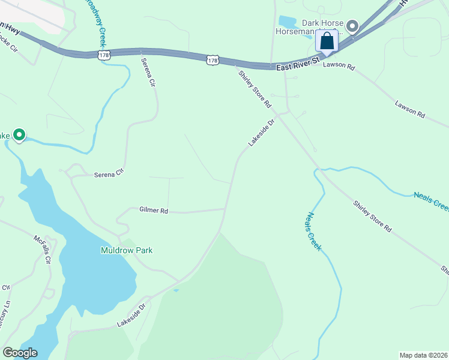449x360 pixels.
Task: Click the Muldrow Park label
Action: pyautogui.click(x=126, y=250)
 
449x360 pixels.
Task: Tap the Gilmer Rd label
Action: pyautogui.click(x=154, y=211)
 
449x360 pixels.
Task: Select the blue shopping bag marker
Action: pyautogui.click(x=327, y=41)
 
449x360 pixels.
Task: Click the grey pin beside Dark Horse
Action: pyautogui.click(x=352, y=26)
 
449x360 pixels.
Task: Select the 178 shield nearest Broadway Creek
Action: pyautogui.click(x=105, y=55)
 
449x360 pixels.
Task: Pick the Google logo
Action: pyautogui.click(x=20, y=353)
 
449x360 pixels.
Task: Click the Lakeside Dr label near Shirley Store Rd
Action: pyautogui.click(x=262, y=133)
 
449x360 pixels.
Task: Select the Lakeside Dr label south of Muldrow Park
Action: pyautogui.click(x=131, y=314)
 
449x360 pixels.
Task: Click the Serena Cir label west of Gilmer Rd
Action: pyautogui.click(x=109, y=175)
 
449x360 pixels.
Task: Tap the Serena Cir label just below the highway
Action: pyautogui.click(x=148, y=73)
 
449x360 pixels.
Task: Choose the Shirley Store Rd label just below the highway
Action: pyautogui.click(x=255, y=89)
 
